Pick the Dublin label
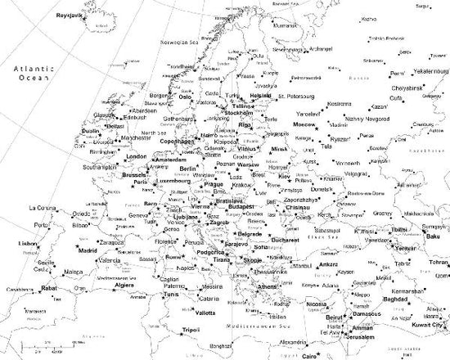coord(90,131)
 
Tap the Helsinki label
coord(260,95)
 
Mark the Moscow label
coord(304,124)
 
